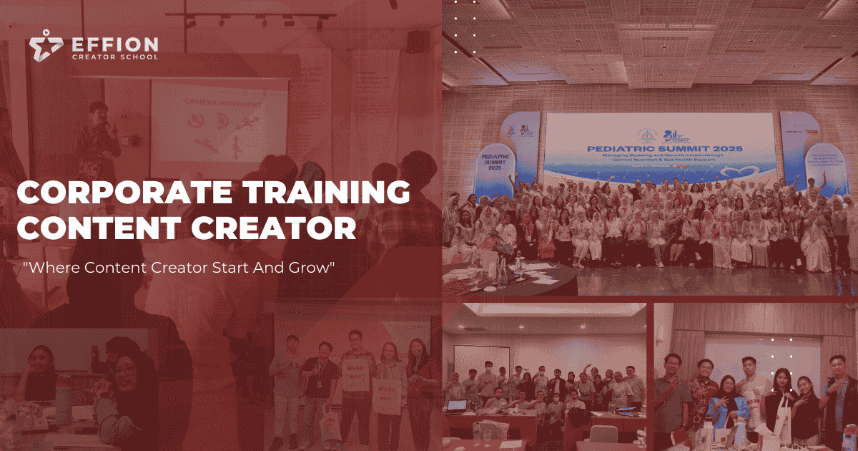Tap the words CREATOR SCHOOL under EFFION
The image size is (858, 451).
click(x=115, y=57)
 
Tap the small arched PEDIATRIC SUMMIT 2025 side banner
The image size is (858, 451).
click(x=490, y=157)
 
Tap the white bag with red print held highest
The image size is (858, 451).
click(x=355, y=375)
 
